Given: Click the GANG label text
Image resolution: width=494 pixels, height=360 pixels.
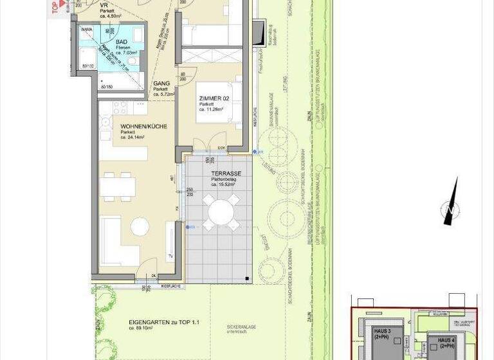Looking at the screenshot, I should [161, 84].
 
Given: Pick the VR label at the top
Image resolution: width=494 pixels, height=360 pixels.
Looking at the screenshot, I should [104, 4].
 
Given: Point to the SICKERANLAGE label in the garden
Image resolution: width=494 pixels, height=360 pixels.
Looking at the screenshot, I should [241, 327].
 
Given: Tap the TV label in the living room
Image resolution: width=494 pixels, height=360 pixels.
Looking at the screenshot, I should [170, 256].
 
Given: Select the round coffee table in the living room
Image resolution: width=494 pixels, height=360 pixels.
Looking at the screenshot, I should [138, 226].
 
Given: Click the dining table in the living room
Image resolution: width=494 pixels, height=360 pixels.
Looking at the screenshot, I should [118, 186].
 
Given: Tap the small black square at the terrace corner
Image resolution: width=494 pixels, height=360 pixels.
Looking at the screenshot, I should [246, 278].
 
